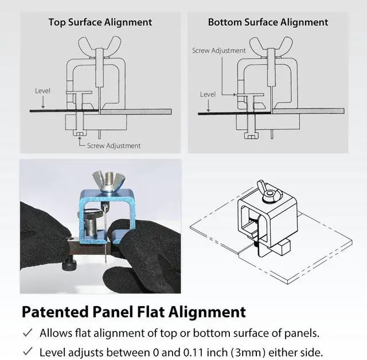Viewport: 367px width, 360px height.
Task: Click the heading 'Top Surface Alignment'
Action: (100, 22)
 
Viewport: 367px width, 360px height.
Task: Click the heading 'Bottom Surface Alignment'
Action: (268, 22)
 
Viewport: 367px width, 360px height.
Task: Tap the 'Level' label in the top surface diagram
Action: (42, 91)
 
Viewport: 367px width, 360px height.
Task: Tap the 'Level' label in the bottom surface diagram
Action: (208, 95)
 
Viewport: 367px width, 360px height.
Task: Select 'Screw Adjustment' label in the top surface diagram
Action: (114, 146)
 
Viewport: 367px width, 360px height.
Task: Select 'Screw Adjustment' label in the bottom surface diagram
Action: (219, 51)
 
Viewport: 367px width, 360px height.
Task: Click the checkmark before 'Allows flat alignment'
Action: (27, 332)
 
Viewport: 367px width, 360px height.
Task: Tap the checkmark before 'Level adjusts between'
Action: (27, 351)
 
